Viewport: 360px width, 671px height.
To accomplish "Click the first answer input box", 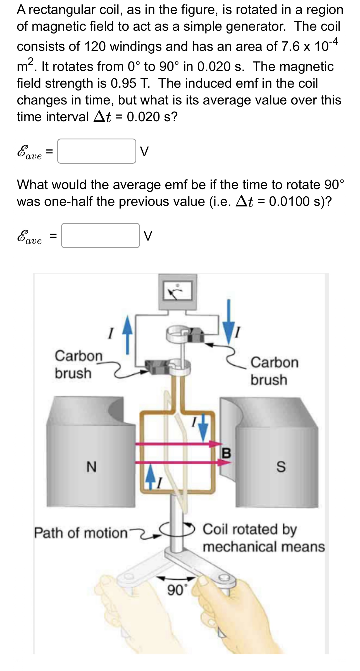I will [x=97, y=151].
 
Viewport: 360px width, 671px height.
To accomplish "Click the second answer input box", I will [x=100, y=235].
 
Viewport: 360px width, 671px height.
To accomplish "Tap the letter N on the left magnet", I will [x=91, y=467].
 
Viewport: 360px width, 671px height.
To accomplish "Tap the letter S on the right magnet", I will [x=281, y=467].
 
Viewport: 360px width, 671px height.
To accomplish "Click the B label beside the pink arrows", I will [x=226, y=453].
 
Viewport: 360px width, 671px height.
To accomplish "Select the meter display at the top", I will [x=178, y=291].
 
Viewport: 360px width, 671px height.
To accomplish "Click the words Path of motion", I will [x=80, y=533].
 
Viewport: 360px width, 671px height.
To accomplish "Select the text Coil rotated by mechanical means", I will [x=263, y=538].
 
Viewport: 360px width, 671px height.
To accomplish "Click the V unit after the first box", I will [x=144, y=152].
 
